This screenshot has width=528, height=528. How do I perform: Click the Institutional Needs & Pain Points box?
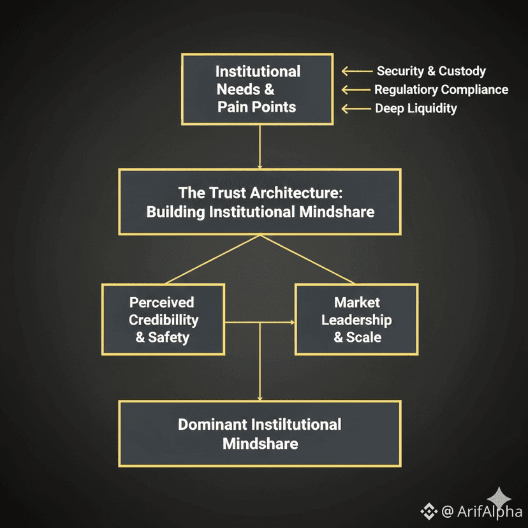tap(258, 89)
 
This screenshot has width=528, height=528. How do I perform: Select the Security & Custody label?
tap(430, 71)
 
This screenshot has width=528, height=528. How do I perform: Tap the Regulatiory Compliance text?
tap(441, 90)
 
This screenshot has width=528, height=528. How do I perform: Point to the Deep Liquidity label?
tap(416, 108)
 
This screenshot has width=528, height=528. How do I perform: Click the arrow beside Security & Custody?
tap(356, 71)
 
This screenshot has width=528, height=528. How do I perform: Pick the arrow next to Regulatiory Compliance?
tap(356, 90)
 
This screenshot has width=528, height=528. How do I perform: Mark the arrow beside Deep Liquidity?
tap(356, 108)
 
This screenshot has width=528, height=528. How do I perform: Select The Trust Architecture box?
tap(260, 202)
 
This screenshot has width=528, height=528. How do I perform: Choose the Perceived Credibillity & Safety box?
tap(163, 319)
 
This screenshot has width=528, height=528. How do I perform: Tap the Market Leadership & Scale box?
tap(356, 319)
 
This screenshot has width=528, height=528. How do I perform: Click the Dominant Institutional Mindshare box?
tap(260, 433)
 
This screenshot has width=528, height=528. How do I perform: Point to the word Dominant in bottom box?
tap(211, 425)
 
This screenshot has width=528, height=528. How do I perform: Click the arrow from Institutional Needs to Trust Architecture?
tap(260, 147)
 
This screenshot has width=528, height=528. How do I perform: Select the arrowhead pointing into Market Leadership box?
tap(291, 323)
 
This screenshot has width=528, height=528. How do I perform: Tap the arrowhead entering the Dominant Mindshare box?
tap(260, 398)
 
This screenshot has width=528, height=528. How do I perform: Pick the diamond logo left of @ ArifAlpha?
tap(428, 511)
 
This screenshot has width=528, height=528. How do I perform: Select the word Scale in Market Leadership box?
tap(366, 337)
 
